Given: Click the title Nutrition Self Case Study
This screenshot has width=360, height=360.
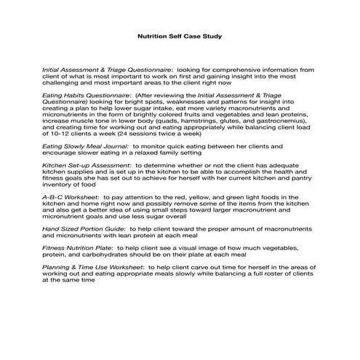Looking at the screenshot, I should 180,34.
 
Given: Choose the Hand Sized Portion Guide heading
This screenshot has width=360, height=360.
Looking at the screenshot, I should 88,228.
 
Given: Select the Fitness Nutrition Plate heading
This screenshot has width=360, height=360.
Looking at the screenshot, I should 81,248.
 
